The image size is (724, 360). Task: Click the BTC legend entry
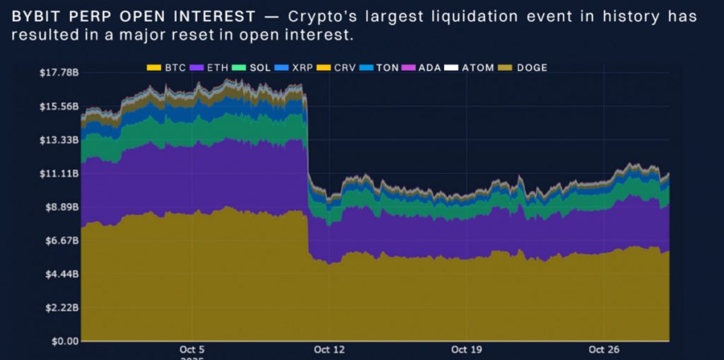coord(166,68)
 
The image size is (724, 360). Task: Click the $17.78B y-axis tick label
coord(57,73)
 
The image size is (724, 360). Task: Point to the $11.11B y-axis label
coord(57,173)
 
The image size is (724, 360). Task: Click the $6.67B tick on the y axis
coord(59,240)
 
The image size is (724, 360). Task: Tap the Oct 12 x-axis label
coord(328,349)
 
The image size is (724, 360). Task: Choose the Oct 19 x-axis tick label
coord(466,349)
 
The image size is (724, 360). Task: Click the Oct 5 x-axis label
coord(192,349)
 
